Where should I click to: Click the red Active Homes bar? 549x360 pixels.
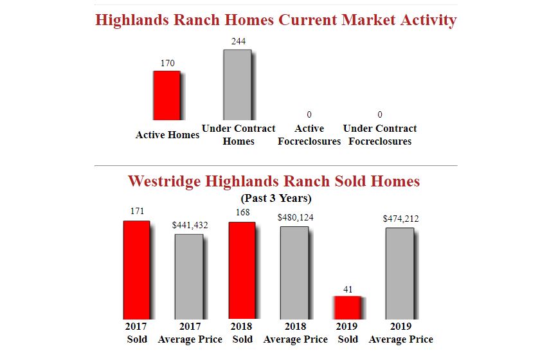[x=167, y=96]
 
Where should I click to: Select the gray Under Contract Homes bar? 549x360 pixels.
[x=238, y=85]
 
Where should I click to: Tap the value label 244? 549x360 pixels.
[x=239, y=41]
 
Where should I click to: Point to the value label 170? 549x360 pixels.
[x=167, y=63]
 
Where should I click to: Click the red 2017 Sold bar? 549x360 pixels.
[x=136, y=270]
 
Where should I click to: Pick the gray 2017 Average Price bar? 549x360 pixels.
[x=189, y=276]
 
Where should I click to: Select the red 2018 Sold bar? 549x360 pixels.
[x=242, y=271]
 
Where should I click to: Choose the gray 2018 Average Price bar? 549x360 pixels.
[x=294, y=273]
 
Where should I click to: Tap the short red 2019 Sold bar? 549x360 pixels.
[x=348, y=308]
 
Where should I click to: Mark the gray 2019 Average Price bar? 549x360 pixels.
[x=400, y=273]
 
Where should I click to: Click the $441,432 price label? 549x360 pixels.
[x=190, y=225]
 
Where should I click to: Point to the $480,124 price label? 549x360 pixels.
[x=295, y=217]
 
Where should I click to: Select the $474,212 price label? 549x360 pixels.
[x=401, y=219]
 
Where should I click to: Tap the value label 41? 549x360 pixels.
[x=348, y=289]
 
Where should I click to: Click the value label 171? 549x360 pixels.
[x=138, y=211]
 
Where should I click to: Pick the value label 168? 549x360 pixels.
[x=242, y=212]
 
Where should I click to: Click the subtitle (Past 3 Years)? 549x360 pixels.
[x=276, y=198]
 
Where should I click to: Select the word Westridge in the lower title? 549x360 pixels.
[x=164, y=181]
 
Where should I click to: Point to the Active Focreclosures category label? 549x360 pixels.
[x=309, y=135]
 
